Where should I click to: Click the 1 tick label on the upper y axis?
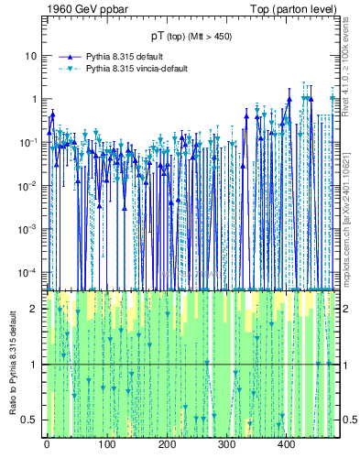pos(34,99)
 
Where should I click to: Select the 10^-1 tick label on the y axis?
pos(29,142)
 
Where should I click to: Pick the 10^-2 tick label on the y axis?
pos(29,185)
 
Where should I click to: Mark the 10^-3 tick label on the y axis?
pos(29,229)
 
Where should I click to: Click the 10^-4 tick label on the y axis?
pos(29,272)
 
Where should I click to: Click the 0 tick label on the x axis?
pos(47,444)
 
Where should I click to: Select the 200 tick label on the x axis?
pos(167,444)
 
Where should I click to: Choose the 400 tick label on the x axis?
pos(286,444)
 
